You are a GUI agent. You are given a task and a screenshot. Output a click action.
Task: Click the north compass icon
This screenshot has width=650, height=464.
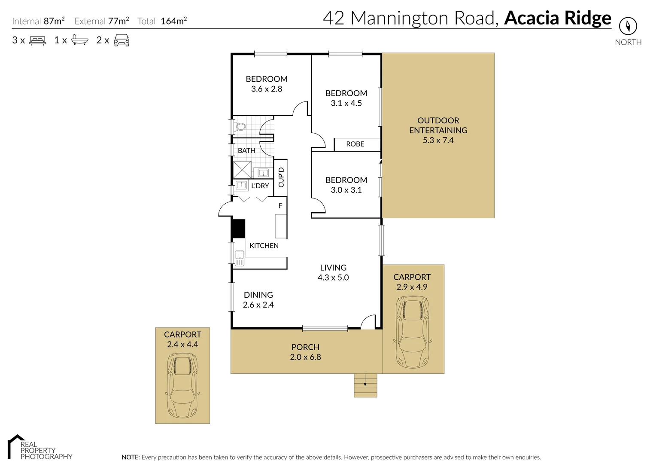(628, 26)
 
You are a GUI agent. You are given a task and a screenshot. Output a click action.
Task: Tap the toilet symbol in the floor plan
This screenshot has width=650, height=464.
(240, 126)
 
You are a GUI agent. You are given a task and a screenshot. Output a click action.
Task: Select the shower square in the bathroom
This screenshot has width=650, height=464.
(242, 170)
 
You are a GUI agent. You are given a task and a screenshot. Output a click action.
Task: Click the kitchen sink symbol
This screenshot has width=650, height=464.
(239, 258)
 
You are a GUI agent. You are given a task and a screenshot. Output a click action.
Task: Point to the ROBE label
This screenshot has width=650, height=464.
(355, 144)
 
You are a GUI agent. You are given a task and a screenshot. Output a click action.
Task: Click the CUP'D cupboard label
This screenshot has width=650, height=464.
(281, 177)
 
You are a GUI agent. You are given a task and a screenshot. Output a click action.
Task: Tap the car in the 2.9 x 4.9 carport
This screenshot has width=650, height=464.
(412, 332)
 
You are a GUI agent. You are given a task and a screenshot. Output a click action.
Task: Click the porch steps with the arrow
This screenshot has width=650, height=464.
(365, 385)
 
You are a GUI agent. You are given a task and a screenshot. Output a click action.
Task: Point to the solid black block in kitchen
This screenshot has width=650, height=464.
(238, 229)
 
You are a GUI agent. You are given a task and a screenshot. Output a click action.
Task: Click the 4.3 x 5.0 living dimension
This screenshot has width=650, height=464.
(333, 278)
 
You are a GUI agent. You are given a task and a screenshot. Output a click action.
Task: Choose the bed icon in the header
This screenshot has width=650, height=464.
(37, 41)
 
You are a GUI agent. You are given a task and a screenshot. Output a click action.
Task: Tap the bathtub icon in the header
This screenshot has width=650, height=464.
(79, 40)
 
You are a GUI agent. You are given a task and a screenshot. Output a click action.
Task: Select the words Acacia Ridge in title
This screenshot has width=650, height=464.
(557, 18)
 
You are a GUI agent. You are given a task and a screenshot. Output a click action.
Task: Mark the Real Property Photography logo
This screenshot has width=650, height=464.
(39, 448)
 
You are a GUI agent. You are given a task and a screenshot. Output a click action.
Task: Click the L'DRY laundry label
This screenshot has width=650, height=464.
(260, 186)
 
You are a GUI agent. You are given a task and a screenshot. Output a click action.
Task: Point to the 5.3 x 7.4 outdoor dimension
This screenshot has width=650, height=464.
(438, 140)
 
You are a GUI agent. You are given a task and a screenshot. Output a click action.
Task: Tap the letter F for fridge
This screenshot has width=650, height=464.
(280, 206)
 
